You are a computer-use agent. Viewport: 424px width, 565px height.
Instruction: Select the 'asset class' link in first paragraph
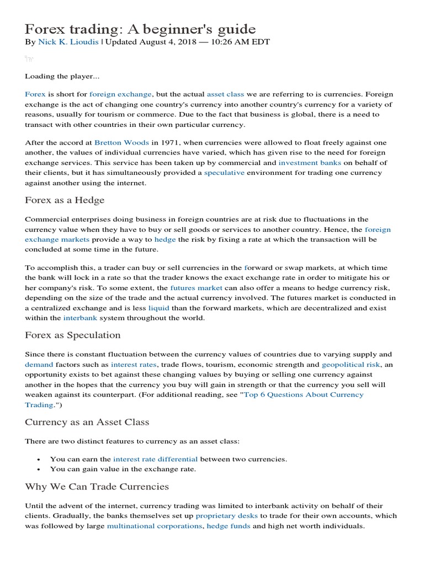point(225,94)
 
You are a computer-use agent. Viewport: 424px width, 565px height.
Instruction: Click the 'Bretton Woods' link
point(121,142)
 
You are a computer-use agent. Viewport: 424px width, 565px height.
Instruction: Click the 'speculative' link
point(224,173)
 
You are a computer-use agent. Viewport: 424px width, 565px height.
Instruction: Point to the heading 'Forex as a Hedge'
point(65,200)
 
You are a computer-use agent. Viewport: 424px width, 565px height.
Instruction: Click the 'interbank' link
point(79,318)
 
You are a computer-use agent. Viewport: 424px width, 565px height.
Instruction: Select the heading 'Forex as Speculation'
point(72,335)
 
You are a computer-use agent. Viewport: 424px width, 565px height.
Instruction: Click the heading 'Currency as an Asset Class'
point(87,422)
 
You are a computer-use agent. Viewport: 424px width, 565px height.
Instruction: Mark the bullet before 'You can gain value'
point(38,470)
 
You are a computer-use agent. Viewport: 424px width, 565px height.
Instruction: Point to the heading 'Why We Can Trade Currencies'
point(97,487)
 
